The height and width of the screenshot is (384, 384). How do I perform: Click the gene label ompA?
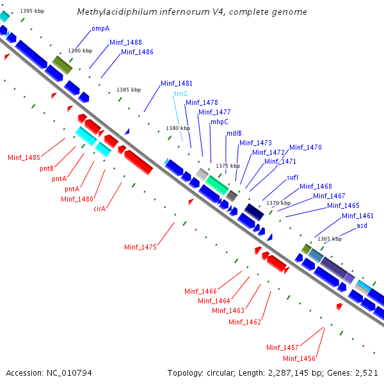[x=100, y=28]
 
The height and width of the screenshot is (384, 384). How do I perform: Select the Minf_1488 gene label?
[x=125, y=42]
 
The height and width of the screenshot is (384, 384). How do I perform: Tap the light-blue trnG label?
[x=180, y=93]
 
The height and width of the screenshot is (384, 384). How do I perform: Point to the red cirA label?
[x=100, y=208]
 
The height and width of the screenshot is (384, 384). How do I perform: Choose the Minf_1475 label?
[x=140, y=246]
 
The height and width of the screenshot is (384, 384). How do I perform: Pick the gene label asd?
[x=362, y=225]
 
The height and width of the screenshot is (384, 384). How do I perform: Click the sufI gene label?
[x=292, y=177]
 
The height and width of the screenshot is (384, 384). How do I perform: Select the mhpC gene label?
[x=220, y=122]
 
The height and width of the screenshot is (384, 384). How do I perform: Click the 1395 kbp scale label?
[x=32, y=11]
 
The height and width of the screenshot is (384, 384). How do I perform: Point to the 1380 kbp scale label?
[x=177, y=128]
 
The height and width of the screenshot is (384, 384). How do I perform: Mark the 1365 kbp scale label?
[x=330, y=239]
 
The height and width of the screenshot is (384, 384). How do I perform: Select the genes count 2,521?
[x=365, y=372]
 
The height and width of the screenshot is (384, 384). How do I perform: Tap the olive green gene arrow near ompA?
[x=62, y=64]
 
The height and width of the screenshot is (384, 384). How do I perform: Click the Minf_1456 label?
[x=299, y=358]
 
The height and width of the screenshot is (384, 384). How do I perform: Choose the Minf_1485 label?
[x=24, y=157]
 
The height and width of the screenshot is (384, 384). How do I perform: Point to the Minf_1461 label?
[x=357, y=216]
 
